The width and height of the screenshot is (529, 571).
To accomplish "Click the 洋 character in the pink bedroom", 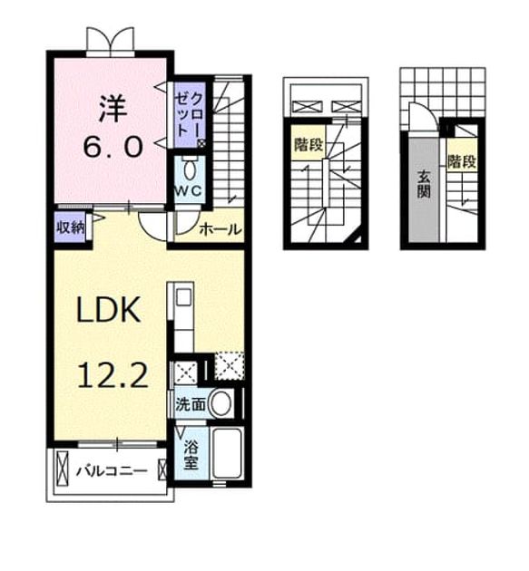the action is point(113,109).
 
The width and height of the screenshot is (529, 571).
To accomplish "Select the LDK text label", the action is point(108,310).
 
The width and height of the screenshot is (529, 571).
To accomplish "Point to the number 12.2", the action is point(113,375).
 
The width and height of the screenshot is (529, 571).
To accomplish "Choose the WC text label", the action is point(188,191).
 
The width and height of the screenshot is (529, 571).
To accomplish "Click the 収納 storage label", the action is point(70,227).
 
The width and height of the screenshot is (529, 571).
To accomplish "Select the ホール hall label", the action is point(220,229).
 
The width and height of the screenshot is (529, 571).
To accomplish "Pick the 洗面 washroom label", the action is point(191,404).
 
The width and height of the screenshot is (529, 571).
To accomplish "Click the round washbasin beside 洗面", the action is point(221,403).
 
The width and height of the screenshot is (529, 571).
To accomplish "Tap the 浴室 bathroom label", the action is point(191,455).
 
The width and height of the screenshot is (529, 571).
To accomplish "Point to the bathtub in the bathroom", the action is point(227,453).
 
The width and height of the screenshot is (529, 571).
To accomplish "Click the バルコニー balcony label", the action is point(112,471).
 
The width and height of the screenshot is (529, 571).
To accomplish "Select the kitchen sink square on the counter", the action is point(183,297).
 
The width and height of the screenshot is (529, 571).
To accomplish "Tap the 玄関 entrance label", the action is point(424,184).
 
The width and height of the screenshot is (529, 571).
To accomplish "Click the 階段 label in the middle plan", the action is point(309,145).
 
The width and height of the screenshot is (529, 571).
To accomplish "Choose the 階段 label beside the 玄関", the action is point(462,161).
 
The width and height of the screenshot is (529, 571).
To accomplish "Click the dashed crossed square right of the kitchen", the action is point(230,365).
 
